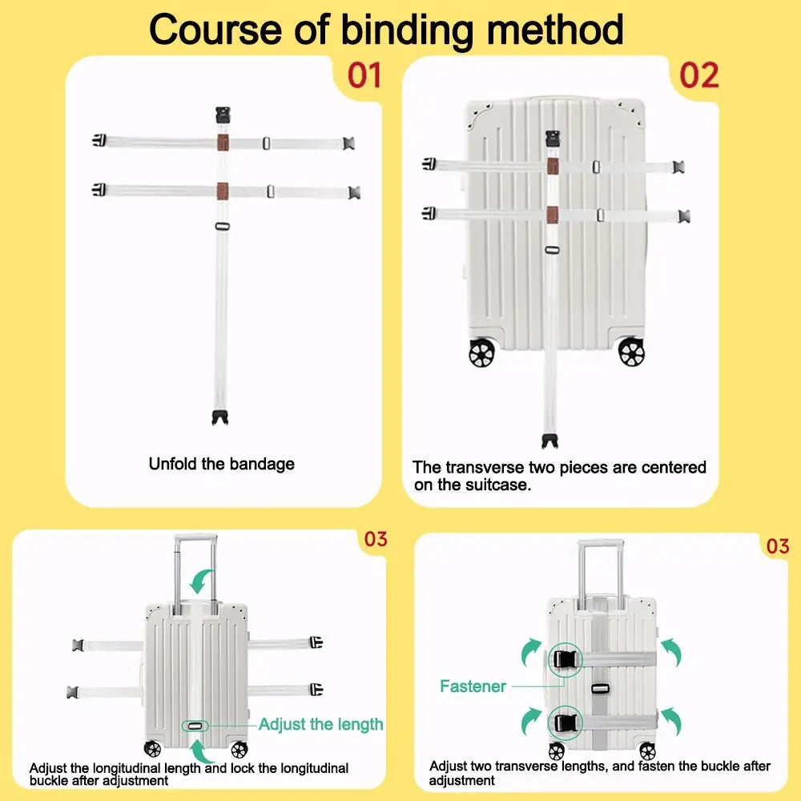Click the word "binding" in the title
pos(407,30)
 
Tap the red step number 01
pos(364,75)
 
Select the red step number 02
pos(698,75)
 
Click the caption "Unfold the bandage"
pos(222,464)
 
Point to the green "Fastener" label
pos(473,686)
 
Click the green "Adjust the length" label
pos(321,724)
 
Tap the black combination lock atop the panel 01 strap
pos(223,115)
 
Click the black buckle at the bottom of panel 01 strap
pos(220,417)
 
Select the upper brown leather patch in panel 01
pos(223,143)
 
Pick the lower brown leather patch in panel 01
pos(222,191)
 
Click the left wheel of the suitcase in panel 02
pos(481,353)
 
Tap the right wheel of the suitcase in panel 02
pos(631,352)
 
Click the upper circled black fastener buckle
pos(566,660)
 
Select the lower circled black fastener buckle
pos(565,723)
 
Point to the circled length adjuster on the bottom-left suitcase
pos(195,726)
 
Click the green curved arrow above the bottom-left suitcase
pos(203,582)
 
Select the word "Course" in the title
pos(215,30)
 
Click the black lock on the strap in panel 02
pos(553,139)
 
